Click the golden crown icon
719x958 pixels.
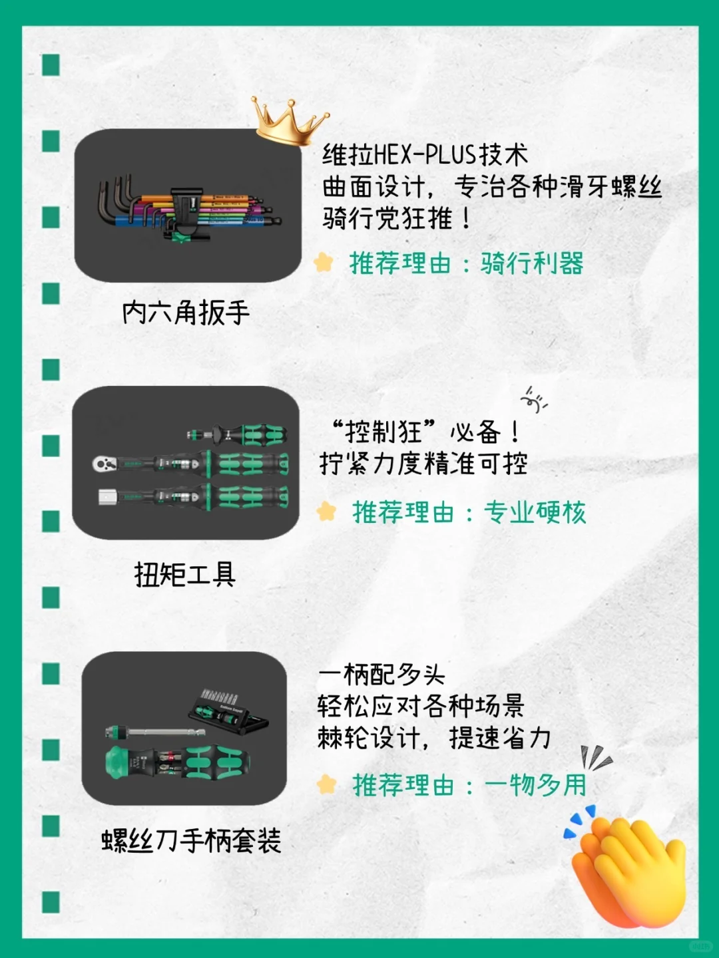coord(288,121)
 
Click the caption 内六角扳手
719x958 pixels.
coord(186,312)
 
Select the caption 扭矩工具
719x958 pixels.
coord(185,574)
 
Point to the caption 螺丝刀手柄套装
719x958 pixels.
coord(191,840)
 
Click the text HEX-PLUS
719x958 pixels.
coord(425,155)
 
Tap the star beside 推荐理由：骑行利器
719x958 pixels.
coord(324,263)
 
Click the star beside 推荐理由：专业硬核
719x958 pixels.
coord(326,512)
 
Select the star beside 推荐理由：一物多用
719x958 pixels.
coord(326,784)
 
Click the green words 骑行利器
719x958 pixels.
coord(532,263)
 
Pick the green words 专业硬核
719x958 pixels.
coord(535,512)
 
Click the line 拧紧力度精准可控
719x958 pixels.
coord(423,464)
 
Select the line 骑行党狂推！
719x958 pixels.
coord(397,218)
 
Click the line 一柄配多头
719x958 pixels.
coord(381,675)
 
